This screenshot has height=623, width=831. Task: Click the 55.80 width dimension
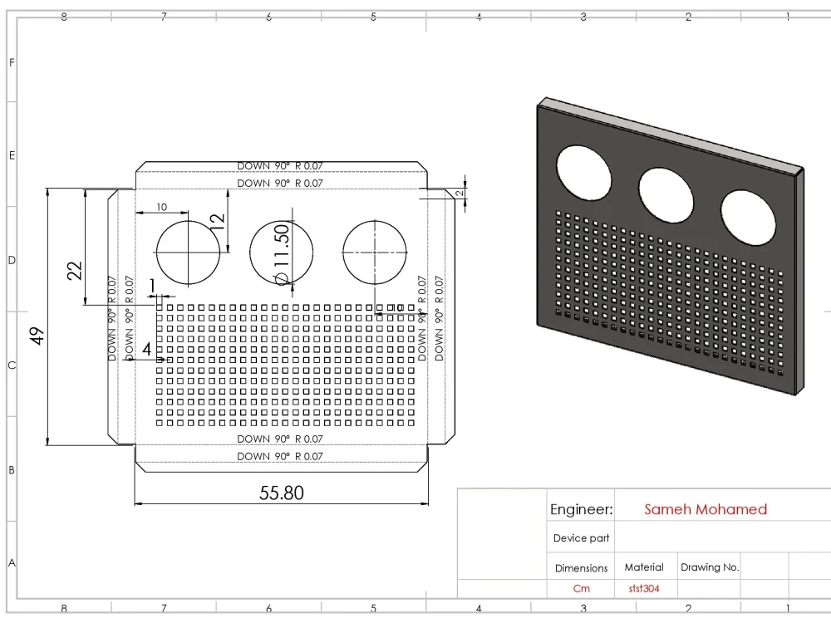282,493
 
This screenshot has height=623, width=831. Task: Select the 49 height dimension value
37,336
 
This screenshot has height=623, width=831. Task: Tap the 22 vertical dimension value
75,271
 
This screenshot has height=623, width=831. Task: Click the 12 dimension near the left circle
217,221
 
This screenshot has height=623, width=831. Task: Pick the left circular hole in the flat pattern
189,252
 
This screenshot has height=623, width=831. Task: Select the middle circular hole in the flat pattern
282,252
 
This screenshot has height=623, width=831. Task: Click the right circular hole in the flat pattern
375,252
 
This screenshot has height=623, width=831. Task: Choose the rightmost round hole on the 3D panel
748,218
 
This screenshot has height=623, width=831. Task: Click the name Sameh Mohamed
706,509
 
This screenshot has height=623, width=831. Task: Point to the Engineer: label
581,509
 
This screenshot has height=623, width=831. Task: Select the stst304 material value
644,589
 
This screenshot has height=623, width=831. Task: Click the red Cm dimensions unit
581,589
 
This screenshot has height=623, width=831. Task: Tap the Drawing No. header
709,567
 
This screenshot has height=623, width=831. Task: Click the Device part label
581,538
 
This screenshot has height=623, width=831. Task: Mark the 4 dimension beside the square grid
147,349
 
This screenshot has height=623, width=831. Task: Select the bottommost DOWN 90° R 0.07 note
280,457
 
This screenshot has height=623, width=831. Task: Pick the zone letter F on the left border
11,62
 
